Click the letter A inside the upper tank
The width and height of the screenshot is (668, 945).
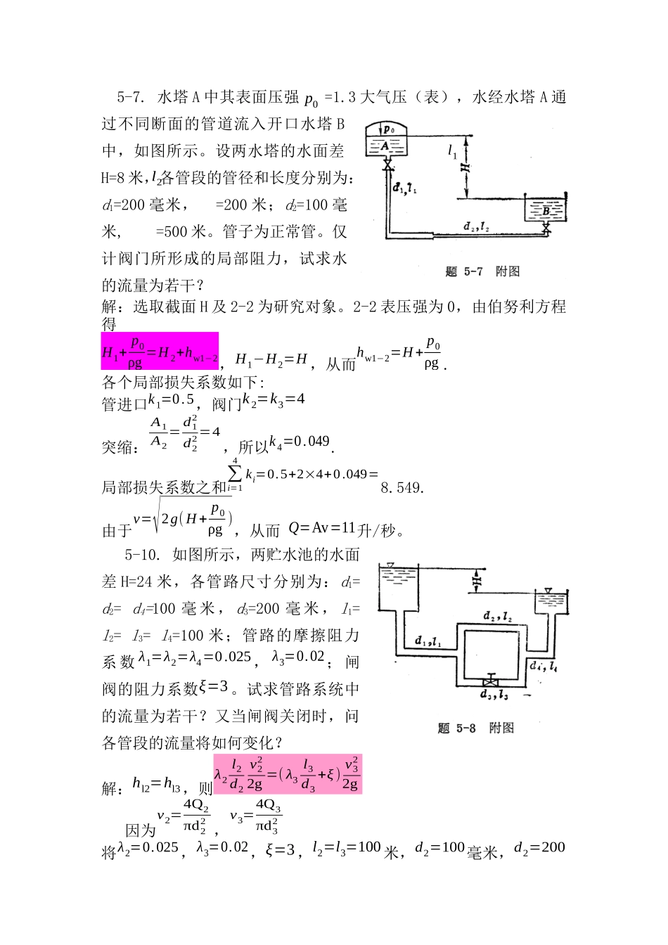click(384, 146)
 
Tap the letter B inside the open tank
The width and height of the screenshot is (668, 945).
click(546, 210)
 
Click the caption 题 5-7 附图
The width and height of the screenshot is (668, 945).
click(482, 271)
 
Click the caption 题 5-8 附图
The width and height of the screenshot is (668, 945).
click(475, 728)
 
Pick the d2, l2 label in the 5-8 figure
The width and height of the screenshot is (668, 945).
click(497, 616)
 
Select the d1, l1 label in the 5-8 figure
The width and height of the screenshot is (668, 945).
click(428, 641)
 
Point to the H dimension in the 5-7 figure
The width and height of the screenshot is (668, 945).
click(465, 168)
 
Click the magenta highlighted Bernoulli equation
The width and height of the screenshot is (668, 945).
click(160, 351)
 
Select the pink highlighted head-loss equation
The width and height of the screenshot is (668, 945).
click(288, 773)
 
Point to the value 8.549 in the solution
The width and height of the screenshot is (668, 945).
click(402, 487)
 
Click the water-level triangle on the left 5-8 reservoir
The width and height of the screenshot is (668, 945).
click(390, 566)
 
